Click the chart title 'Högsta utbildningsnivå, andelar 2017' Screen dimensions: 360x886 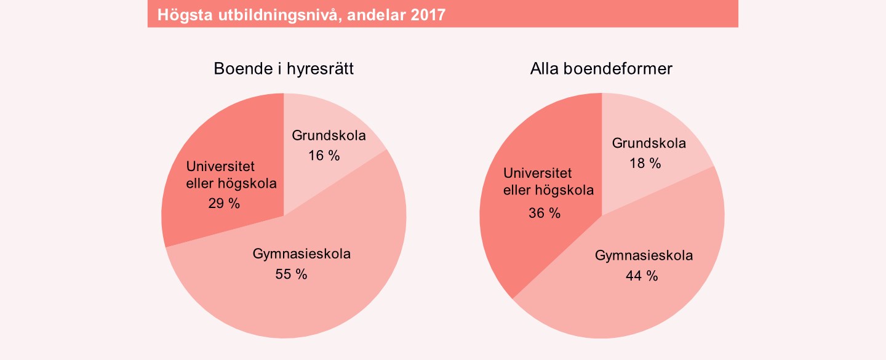coord(301,15)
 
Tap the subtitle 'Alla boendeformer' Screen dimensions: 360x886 coord(601,69)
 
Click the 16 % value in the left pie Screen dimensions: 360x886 coord(324,156)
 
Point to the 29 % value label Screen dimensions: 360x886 coord(224,204)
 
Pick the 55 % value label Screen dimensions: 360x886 coord(291,274)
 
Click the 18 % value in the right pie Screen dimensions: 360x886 coord(645,164)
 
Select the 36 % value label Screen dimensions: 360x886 coord(545,213)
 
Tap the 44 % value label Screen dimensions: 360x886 coord(642,276)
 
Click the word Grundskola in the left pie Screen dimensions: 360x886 coord(329,136)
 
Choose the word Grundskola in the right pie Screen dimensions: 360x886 coord(649,144)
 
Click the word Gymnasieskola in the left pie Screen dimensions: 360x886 coord(301,254)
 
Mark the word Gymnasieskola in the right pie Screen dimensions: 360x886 coord(644,256)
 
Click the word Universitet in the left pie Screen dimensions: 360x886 coord(220,166)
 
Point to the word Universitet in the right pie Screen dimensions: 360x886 coord(538,174)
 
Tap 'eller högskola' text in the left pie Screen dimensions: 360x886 coord(231,183)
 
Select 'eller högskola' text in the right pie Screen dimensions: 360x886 coord(549,191)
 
